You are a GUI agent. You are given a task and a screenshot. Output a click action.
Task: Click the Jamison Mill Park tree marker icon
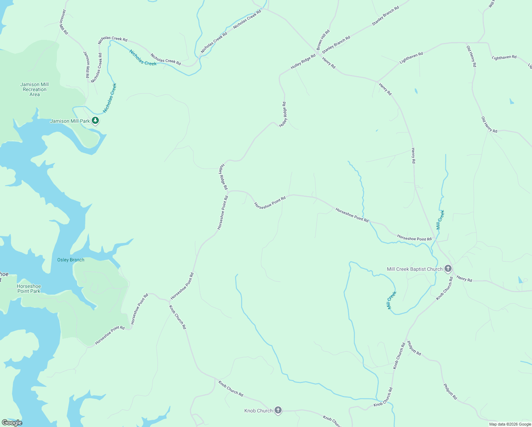click(95, 121)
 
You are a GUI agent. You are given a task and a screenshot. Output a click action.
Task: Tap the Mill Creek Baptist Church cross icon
click(448, 269)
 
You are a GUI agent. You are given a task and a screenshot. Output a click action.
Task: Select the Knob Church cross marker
click(278, 410)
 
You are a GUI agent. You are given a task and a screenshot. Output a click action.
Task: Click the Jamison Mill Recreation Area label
click(34, 90)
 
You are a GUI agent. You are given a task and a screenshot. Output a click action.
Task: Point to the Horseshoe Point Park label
click(29, 289)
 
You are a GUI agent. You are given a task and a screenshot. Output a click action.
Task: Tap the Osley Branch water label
click(71, 260)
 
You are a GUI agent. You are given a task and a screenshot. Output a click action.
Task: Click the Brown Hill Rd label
click(323, 39)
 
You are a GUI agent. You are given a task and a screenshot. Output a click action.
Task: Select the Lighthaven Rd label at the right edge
click(504, 57)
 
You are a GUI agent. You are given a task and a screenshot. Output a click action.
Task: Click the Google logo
click(12, 423)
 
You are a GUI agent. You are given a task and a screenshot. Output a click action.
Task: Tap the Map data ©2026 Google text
click(510, 424)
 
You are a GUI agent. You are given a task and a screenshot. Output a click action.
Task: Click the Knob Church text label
click(258, 411)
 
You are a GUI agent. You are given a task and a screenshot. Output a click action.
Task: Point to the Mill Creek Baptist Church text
click(415, 269)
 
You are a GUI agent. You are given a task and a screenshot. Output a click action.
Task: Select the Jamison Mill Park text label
click(70, 121)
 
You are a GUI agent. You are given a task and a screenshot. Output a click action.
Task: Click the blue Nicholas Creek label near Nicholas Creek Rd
click(143, 58)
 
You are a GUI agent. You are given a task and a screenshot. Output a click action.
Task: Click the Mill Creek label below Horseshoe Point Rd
click(392, 300)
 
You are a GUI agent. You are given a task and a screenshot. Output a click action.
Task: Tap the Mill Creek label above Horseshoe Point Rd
click(440, 220)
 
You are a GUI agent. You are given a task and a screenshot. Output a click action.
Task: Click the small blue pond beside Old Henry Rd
click(511, 101)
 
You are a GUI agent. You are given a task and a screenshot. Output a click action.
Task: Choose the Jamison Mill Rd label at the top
click(64, 22)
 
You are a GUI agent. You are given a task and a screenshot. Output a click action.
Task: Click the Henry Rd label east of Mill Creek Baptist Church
click(464, 279)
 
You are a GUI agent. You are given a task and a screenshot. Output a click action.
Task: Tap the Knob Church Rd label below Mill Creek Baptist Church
click(445, 288)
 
